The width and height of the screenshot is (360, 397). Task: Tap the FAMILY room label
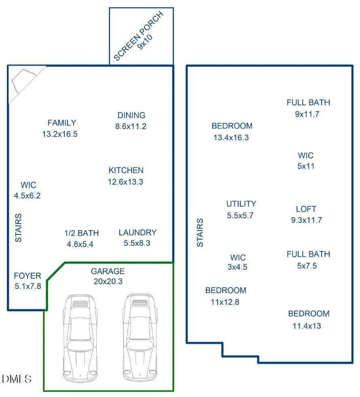click(62, 123)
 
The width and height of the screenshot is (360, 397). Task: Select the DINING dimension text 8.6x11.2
click(131, 127)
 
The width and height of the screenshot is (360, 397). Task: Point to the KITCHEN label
click(126, 170)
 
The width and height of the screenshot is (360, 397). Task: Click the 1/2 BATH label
click(82, 233)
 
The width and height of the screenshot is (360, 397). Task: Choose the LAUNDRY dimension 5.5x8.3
click(137, 243)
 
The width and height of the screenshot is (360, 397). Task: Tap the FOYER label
click(28, 276)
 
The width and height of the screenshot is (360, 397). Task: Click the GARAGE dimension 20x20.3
click(108, 281)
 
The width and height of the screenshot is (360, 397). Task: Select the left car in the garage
click(80, 338)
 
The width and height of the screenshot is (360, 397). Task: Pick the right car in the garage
click(140, 338)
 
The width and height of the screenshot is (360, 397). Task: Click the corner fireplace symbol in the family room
click(23, 81)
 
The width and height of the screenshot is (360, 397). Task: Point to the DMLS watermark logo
click(17, 379)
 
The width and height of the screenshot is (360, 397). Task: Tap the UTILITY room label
click(241, 204)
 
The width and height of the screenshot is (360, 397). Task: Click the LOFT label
click(306, 209)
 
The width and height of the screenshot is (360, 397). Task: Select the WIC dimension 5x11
click(306, 166)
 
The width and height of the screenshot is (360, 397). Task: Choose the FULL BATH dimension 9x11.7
click(307, 114)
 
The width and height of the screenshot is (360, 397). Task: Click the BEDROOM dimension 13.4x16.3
click(231, 138)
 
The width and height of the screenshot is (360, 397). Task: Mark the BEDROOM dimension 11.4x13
click(307, 326)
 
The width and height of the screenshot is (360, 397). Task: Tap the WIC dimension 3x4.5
click(237, 267)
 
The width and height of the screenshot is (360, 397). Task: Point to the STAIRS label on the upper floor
click(200, 232)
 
